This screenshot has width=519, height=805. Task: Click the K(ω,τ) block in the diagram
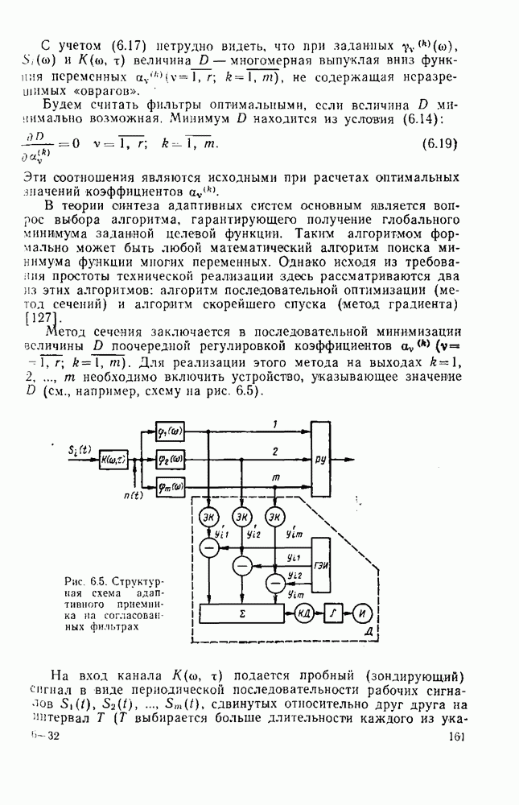tap(113, 460)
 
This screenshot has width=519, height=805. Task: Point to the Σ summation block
tap(241, 613)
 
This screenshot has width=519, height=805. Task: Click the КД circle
tap(304, 613)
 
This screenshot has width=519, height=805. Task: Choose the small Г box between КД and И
tap(333, 613)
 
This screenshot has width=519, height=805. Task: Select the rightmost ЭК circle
tap(275, 515)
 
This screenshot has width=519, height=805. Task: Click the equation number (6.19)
tap(439, 145)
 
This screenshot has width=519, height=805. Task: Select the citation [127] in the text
tap(39, 316)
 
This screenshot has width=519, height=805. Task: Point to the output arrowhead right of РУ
tap(351, 460)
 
